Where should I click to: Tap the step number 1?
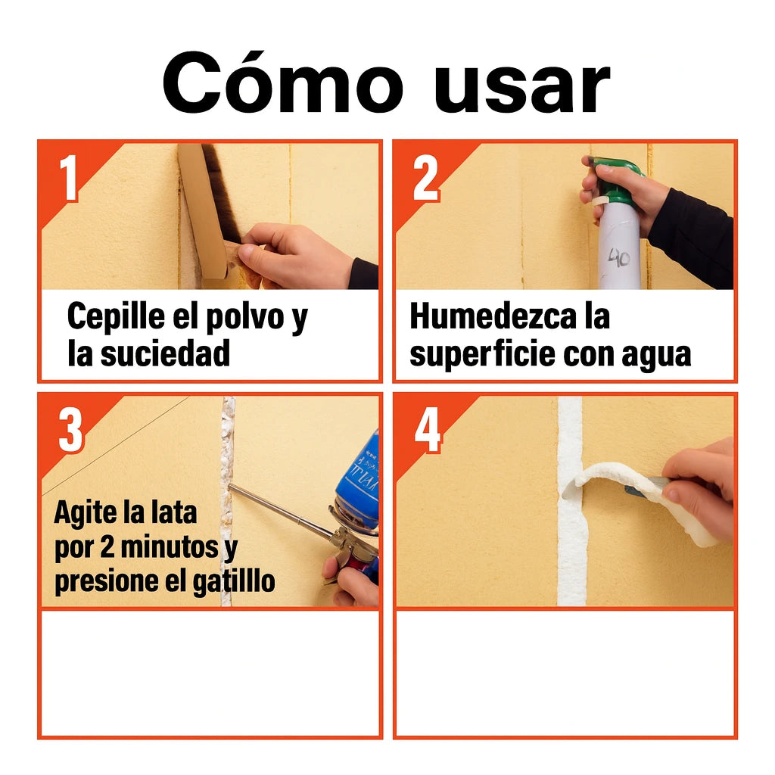coord(69,179)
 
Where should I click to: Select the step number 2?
coord(425,179)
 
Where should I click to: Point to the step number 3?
coord(70,431)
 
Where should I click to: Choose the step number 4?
coord(428,431)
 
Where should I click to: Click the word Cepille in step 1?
coord(114,316)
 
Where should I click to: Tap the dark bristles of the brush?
coord(220,197)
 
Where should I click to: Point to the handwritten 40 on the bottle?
coord(620,257)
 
